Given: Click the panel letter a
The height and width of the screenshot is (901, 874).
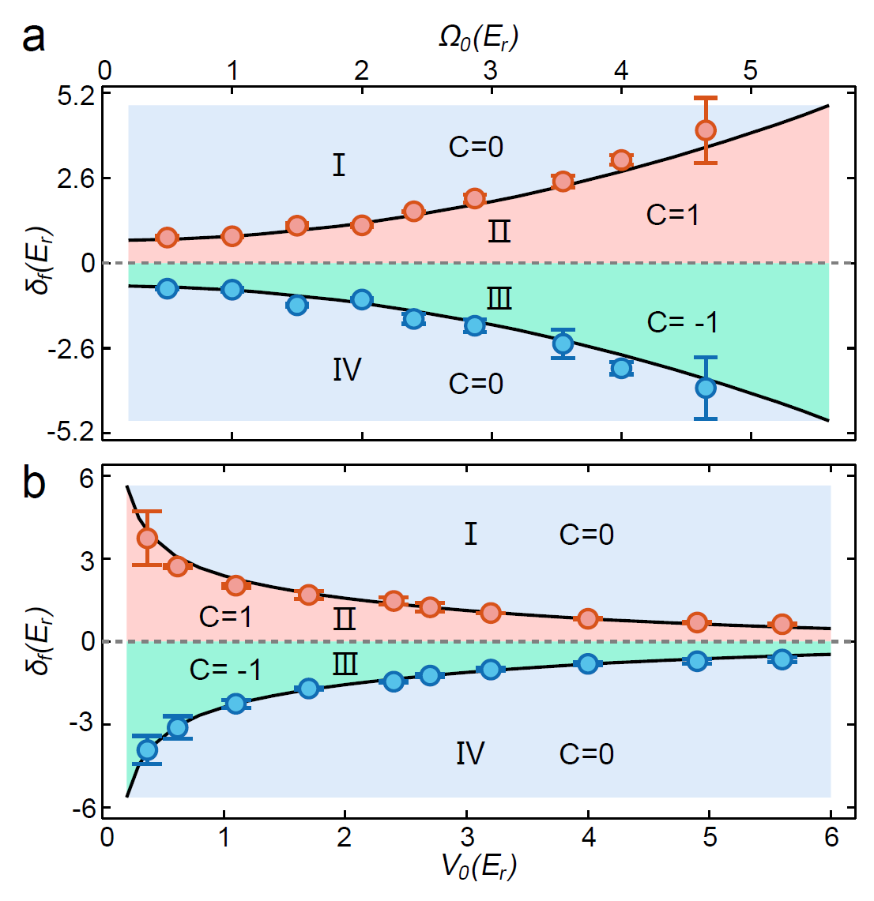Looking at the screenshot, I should (33, 37).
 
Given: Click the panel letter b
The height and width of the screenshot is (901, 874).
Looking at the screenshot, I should (34, 482).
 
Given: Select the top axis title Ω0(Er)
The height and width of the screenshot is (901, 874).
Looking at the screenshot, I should (479, 38).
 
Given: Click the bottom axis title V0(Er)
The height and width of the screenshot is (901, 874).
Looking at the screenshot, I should (479, 867).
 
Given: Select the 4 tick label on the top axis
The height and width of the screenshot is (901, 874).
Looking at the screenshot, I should (621, 71).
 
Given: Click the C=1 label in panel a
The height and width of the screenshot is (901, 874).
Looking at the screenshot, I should (672, 215).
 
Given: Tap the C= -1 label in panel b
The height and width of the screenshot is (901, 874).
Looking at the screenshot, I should (225, 670).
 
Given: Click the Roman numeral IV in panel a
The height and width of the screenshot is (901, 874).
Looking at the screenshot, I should (347, 370).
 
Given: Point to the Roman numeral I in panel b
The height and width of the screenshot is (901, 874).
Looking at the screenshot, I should (470, 535).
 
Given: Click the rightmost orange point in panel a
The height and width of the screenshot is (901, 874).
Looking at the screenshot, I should (706, 130).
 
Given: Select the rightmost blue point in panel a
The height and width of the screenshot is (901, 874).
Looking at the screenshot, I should (706, 388).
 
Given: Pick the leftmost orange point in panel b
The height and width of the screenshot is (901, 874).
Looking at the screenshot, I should (147, 539).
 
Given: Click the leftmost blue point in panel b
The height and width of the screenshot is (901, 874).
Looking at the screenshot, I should (147, 749).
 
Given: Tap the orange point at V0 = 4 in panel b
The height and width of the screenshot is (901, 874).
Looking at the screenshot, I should (587, 618).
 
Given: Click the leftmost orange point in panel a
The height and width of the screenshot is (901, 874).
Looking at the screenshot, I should (167, 238).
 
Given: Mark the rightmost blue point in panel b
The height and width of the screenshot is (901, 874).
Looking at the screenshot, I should (782, 659).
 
